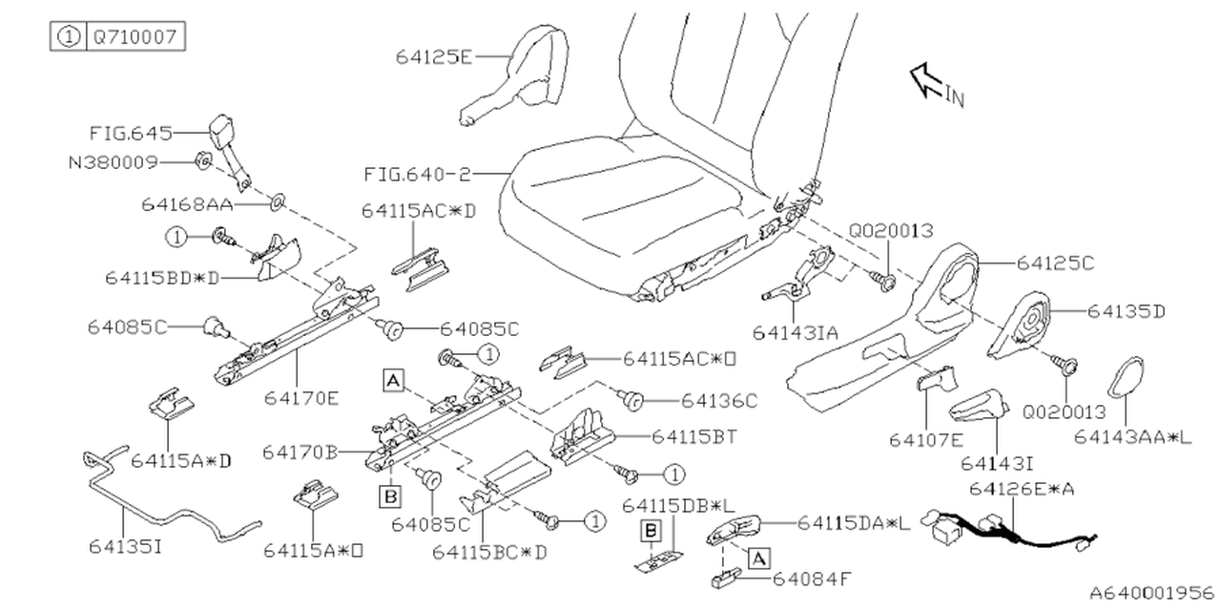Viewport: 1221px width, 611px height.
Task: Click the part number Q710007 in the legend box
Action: (x=135, y=37)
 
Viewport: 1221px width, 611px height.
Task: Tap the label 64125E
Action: (x=434, y=56)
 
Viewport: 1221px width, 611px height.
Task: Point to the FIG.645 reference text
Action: (x=131, y=133)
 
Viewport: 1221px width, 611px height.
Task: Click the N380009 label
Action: (x=114, y=162)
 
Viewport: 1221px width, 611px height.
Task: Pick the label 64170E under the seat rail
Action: (x=301, y=398)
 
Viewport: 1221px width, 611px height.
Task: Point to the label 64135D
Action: (x=1127, y=311)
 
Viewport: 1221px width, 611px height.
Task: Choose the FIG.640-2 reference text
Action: (x=417, y=175)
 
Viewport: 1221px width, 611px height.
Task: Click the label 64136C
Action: (x=719, y=401)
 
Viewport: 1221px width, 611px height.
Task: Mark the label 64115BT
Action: (x=694, y=436)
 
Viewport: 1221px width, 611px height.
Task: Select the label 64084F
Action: (x=812, y=579)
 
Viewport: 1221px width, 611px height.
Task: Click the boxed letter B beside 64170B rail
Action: (x=390, y=495)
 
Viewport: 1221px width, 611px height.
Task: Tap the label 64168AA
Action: (x=188, y=204)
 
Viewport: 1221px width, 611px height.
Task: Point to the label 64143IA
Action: (x=796, y=333)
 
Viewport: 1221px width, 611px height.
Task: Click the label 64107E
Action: (x=926, y=440)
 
